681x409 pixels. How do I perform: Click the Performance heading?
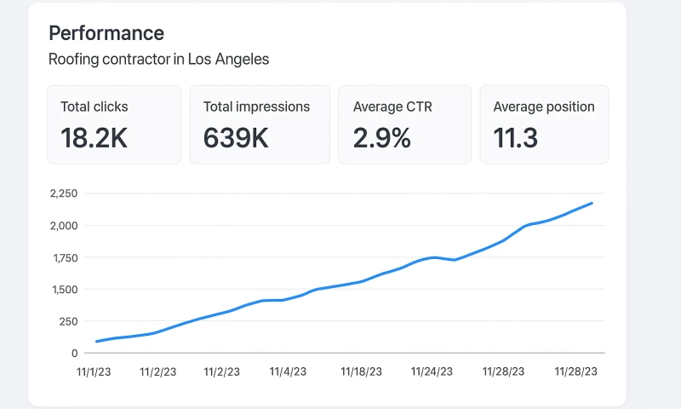[106, 33]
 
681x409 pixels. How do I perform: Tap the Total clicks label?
[94, 107]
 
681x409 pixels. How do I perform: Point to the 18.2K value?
[94, 137]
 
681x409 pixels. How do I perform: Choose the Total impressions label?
[256, 107]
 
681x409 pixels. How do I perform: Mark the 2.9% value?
[382, 137]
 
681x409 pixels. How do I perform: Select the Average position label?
[544, 107]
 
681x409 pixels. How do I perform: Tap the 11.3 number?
[516, 137]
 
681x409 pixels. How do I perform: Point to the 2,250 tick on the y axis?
[64, 193]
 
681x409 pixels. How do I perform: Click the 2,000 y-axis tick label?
[64, 226]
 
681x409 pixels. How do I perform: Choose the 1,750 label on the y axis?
[64, 257]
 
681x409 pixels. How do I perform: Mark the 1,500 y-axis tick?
[64, 290]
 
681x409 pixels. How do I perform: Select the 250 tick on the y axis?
[68, 321]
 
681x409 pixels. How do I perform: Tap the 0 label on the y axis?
[75, 353]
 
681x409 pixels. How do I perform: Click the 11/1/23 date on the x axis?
[94, 372]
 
